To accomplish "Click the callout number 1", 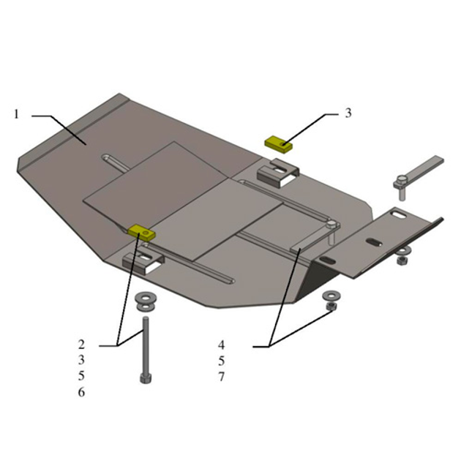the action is coord(16,114).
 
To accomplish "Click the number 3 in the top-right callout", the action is coord(348,113).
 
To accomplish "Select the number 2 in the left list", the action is coord(81,344).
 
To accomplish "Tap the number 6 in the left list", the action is coord(81,392).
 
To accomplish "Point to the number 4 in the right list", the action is coord(222,345).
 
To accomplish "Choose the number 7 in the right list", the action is coord(222,377).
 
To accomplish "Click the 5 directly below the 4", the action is coord(222,361).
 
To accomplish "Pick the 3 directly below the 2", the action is coord(81,360).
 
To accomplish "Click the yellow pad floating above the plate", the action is coord(279,144).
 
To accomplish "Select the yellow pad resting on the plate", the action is coord(141,233).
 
